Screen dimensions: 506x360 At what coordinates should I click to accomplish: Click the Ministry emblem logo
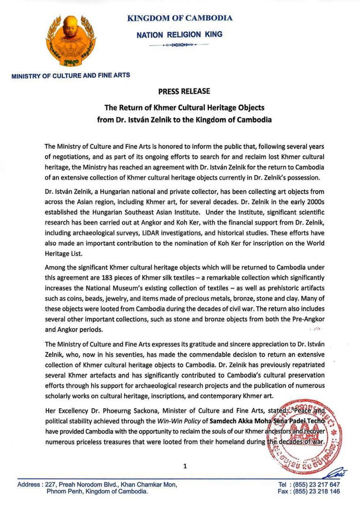pyautogui.click(x=71, y=40)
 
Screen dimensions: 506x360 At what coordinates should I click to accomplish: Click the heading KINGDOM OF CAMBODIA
pyautogui.click(x=180, y=18)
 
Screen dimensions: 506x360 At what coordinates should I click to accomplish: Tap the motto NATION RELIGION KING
pyautogui.click(x=179, y=35)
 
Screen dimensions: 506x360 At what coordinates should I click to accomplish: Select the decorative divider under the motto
pyautogui.click(x=179, y=45)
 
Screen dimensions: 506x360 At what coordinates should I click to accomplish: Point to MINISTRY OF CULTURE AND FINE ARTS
pyautogui.click(x=71, y=75)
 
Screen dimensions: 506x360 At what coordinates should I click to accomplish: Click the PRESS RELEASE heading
pyautogui.click(x=184, y=91)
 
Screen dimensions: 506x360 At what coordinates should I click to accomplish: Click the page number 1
pyautogui.click(x=185, y=466)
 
